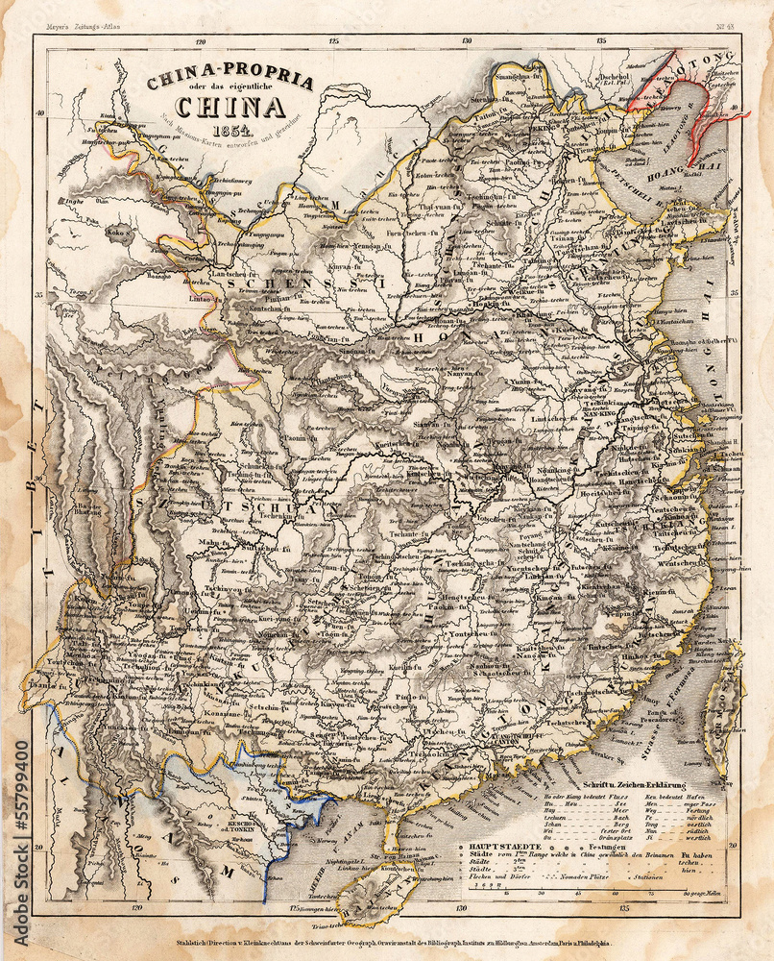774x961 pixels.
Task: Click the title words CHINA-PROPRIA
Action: point(230,82)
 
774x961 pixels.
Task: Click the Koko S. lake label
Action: point(119,231)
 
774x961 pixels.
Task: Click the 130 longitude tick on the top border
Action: point(467,41)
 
